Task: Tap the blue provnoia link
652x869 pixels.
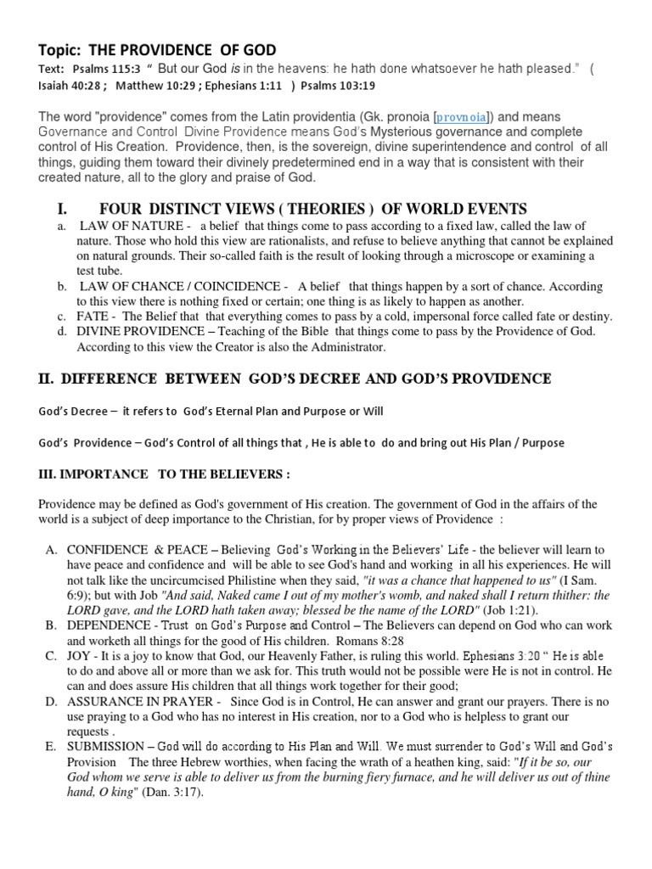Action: coord(463,117)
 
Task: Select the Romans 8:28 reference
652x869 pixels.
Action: coord(369,642)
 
